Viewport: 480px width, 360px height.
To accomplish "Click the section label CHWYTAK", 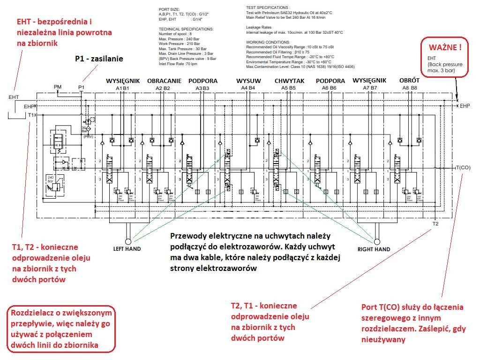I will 289,81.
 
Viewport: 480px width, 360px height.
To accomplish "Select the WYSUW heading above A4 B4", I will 248,81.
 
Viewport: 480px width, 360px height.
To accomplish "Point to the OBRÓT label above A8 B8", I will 410,81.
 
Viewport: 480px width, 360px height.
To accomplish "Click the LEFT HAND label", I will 127,249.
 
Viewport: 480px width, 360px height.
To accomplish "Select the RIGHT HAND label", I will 374,249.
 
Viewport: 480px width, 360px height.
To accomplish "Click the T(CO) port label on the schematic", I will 464,167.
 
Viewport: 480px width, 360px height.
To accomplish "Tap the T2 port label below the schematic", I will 435,223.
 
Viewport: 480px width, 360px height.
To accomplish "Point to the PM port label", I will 58,87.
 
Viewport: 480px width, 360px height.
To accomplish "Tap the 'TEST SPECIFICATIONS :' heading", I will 268,8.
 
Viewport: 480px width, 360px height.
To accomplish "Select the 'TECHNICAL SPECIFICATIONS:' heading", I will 186,29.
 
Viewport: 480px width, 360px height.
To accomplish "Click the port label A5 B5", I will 289,88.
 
